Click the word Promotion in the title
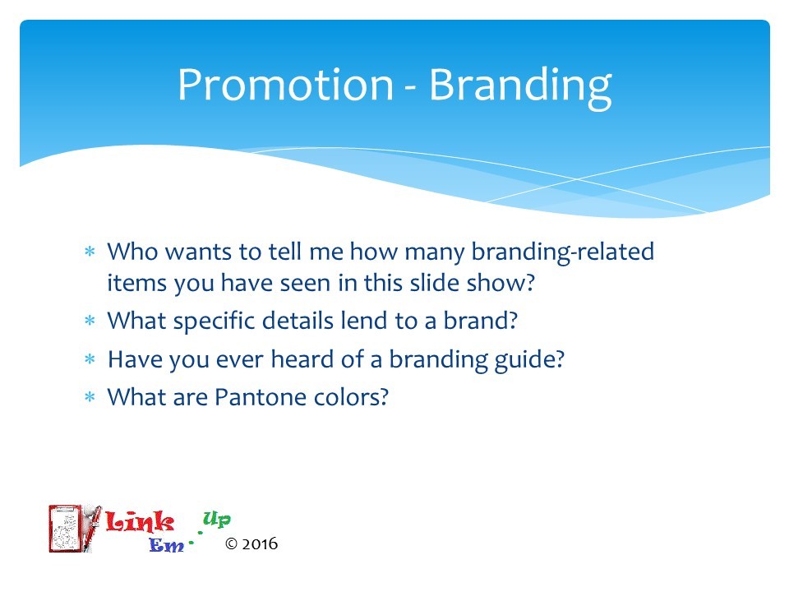pyautogui.click(x=285, y=85)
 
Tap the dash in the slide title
pyautogui.click(x=411, y=89)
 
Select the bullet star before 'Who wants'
pyautogui.click(x=90, y=252)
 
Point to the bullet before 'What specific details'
pyautogui.click(x=90, y=321)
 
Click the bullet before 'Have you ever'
pyautogui.click(x=90, y=359)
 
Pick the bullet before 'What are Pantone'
pyautogui.click(x=90, y=397)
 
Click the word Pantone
pyautogui.click(x=261, y=397)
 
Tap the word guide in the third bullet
pyautogui.click(x=529, y=361)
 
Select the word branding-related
pyautogui.click(x=562, y=253)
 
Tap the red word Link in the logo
pyautogui.click(x=140, y=521)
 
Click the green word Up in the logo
pyautogui.click(x=217, y=519)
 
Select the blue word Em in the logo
pyautogui.click(x=167, y=545)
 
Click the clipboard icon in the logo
pyautogui.click(x=67, y=528)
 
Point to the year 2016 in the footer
pyautogui.click(x=260, y=544)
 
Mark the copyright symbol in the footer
pyautogui.click(x=231, y=544)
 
